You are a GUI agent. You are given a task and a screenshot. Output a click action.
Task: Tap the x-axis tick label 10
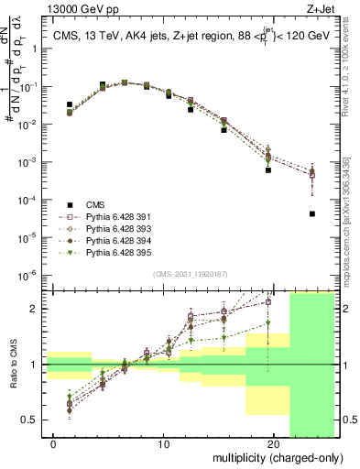click(x=163, y=446)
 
